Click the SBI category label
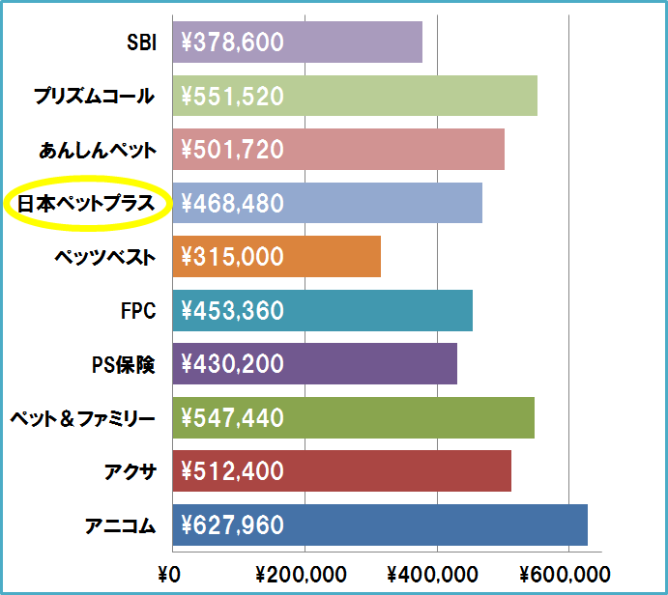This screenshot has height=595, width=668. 141,42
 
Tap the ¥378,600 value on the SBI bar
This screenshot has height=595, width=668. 232,42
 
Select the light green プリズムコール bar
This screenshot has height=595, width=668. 355,96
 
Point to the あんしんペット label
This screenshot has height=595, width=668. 98,150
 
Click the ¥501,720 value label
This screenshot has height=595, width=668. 232,150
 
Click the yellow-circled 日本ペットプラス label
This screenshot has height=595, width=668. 86,204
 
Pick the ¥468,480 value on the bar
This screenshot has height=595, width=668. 232,203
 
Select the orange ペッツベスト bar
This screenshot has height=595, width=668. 276,257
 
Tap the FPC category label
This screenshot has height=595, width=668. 138,311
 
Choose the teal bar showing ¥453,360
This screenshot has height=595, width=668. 323,310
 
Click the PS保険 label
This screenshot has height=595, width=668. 124,365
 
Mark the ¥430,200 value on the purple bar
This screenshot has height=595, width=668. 232,364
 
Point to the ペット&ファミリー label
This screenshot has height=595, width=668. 82,419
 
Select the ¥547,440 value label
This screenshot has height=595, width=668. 232,417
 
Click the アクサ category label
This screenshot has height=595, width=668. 131,472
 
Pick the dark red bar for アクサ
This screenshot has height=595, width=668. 342,471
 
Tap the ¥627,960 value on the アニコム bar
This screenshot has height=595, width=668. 232,524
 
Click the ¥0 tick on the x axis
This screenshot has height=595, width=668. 169,575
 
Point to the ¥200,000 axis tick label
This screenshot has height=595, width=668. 301,575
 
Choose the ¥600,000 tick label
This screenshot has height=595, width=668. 565,575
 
